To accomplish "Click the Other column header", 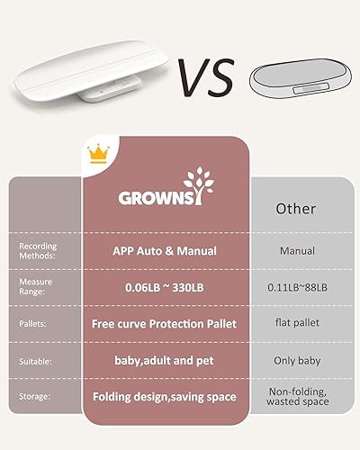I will (295, 208).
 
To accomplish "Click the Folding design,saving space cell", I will (164, 396).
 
